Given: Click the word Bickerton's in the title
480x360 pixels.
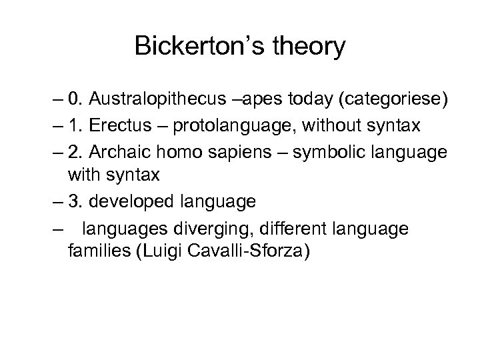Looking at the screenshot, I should pyautogui.click(x=190, y=47).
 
